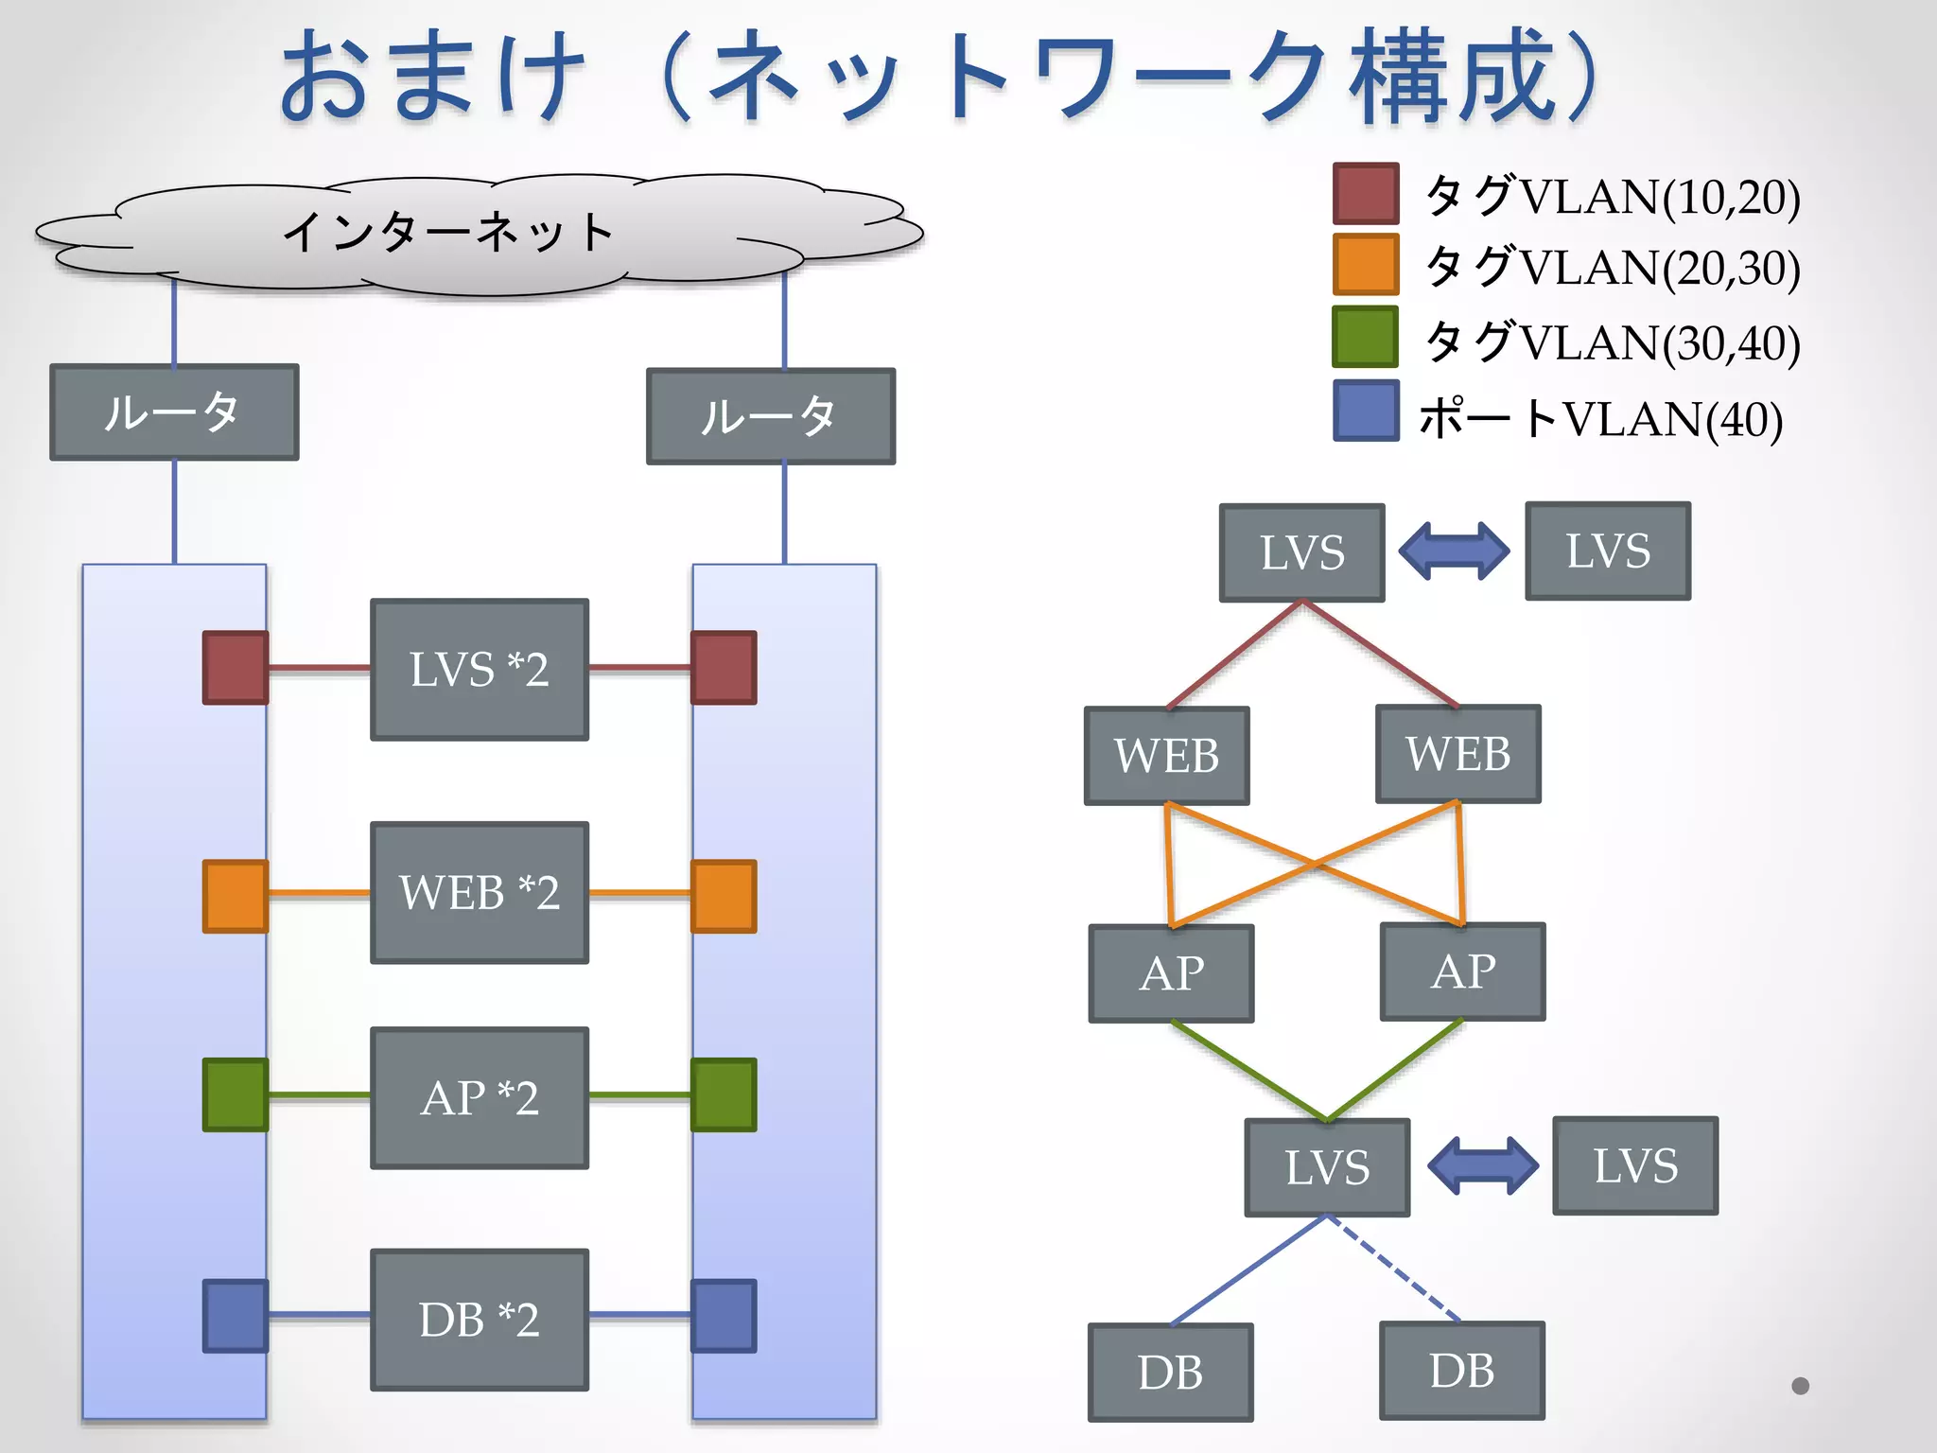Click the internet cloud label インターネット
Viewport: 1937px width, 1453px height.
[448, 232]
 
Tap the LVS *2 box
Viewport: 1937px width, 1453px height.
[480, 669]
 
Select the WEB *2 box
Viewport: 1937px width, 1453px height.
[480, 892]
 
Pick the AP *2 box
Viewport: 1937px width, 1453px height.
[480, 1097]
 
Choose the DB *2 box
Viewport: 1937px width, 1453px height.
[480, 1320]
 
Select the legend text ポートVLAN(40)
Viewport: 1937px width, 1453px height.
[1600, 418]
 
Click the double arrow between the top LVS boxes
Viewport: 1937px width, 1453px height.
[1455, 551]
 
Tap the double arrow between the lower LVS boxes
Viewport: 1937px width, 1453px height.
[1482, 1165]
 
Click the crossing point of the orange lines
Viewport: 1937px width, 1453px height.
[1315, 864]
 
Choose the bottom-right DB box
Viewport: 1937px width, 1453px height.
[1462, 1371]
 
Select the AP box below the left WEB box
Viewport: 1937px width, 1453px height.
[1171, 973]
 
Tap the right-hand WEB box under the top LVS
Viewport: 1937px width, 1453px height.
[1458, 754]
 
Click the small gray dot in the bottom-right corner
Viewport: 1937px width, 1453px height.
[1800, 1386]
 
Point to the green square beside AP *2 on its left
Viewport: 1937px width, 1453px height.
[236, 1094]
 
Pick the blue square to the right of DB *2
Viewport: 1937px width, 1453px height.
[724, 1316]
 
